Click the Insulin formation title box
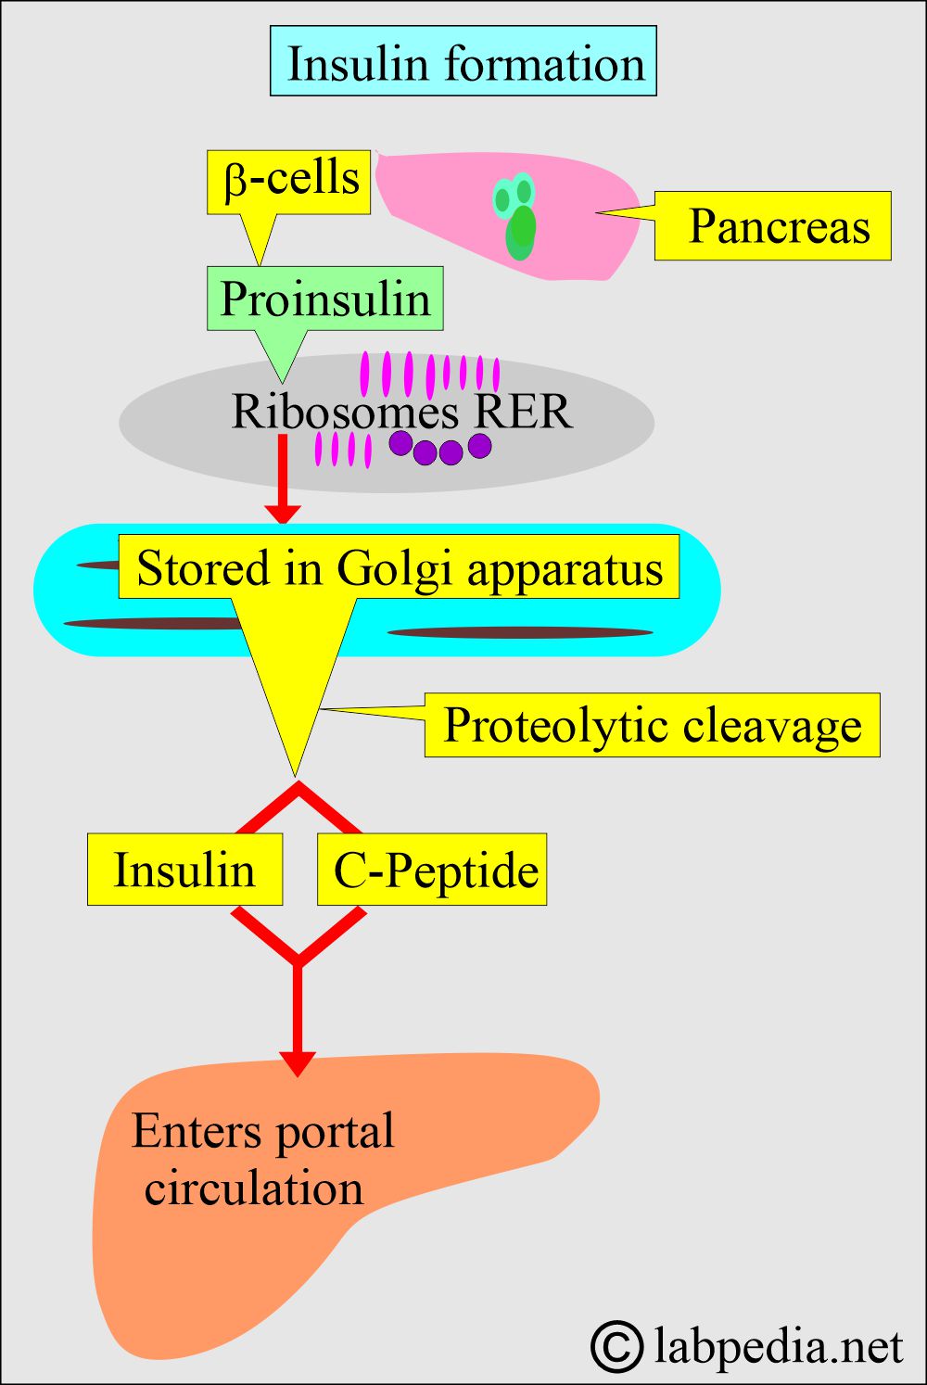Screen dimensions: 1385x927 coord(463,62)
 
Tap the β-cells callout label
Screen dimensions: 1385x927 coord(289,181)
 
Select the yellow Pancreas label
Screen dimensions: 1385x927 coord(772,226)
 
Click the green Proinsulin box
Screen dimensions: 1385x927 coord(324,299)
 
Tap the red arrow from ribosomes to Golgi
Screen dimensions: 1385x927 coord(283,482)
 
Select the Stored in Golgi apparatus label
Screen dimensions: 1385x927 coord(399,567)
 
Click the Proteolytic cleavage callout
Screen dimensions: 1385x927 coord(652,725)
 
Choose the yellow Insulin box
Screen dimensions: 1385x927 coord(184,870)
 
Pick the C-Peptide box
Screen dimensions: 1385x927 coord(432,870)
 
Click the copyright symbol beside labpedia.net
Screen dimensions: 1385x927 coord(616,1346)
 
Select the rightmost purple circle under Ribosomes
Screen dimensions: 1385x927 coord(479,446)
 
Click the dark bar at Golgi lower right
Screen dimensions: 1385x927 coord(519,633)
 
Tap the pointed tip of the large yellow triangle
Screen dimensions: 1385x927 coord(296,771)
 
